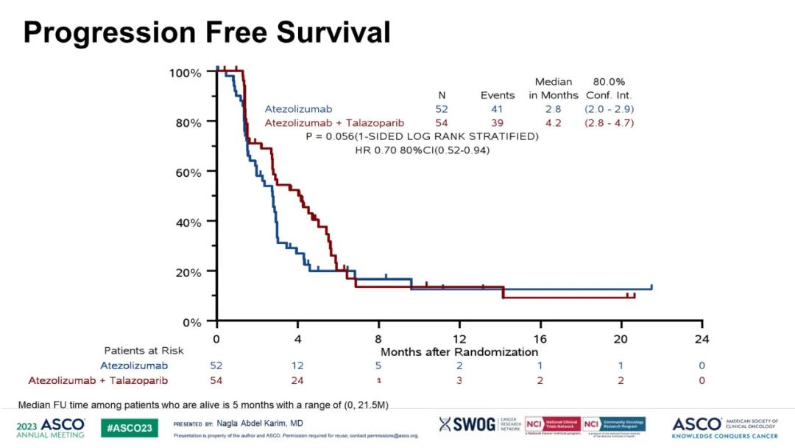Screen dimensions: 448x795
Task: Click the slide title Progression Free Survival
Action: tap(207, 32)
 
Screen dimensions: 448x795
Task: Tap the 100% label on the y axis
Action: tap(185, 73)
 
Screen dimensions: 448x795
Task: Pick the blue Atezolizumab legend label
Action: tap(298, 109)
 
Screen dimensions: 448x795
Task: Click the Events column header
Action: tap(498, 95)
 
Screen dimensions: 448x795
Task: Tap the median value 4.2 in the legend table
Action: tap(553, 123)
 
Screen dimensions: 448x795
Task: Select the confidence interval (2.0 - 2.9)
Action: tap(609, 109)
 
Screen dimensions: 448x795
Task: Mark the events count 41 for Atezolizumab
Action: tap(498, 109)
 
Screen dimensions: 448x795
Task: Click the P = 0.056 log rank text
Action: tap(422, 136)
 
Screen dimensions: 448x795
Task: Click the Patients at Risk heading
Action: tap(144, 351)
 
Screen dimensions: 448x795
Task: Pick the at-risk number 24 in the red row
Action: tap(297, 380)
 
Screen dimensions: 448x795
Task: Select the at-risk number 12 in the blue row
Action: tap(297, 365)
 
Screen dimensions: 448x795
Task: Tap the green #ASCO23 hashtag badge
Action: tap(129, 427)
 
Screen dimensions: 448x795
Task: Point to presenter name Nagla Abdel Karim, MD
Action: tap(260, 423)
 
